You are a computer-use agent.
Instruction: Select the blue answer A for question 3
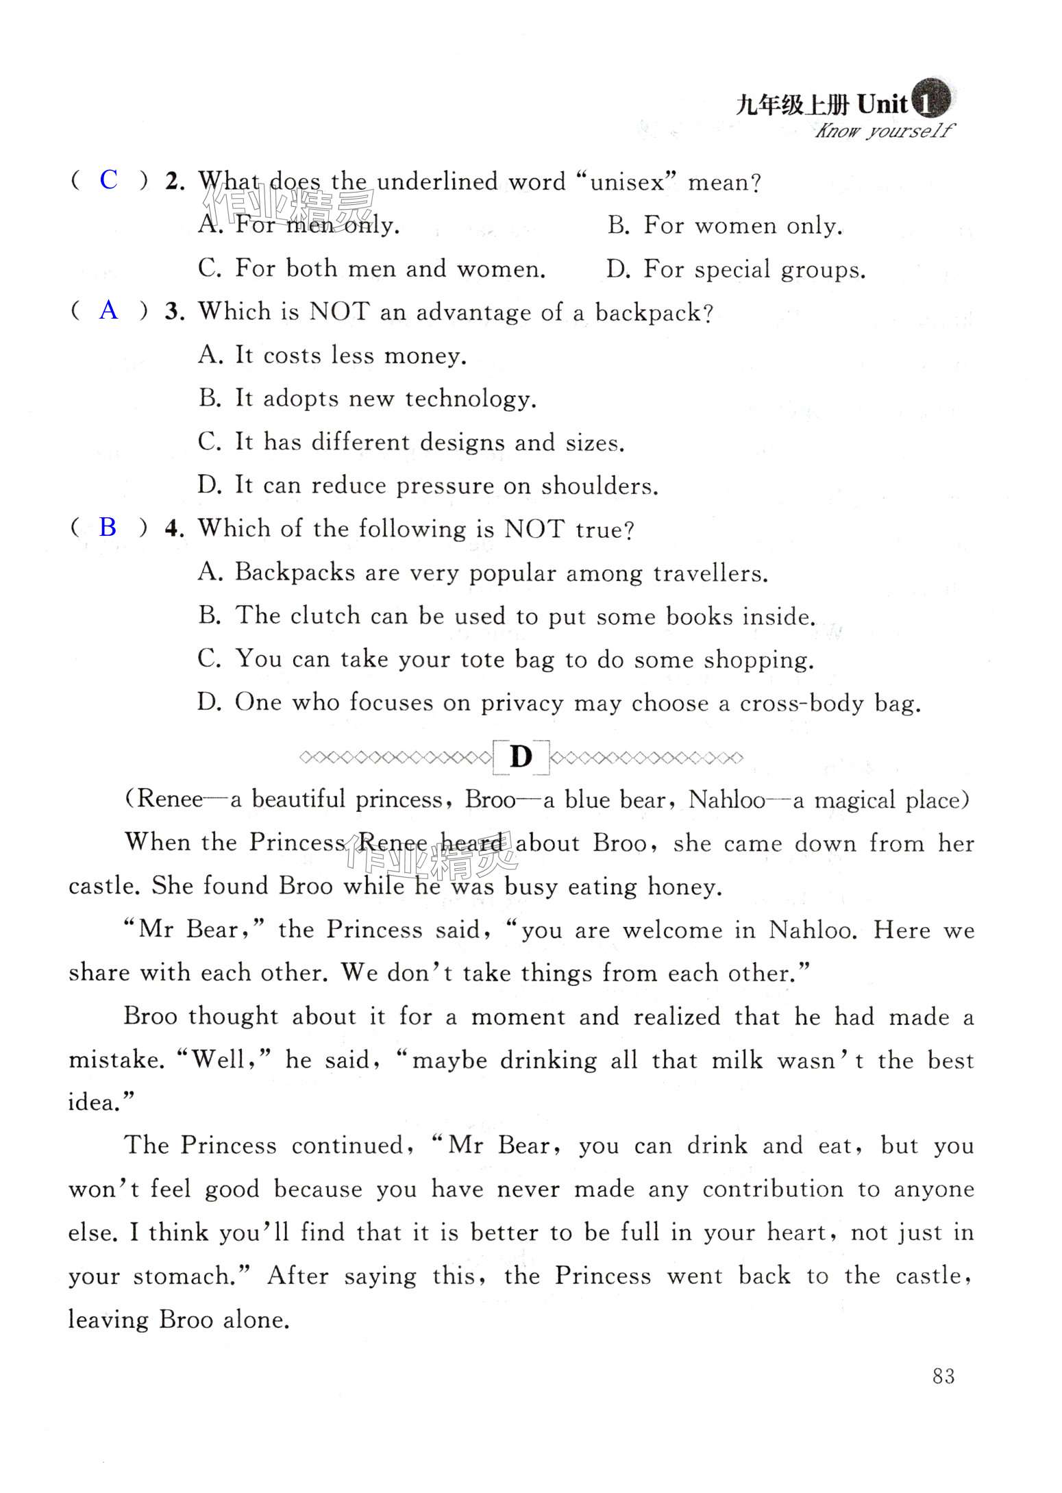click(x=108, y=310)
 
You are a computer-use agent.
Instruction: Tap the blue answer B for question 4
click(x=108, y=527)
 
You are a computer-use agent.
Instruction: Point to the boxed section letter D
click(x=521, y=757)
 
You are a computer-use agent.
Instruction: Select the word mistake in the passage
click(x=116, y=1059)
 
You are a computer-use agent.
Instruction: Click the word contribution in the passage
click(x=772, y=1189)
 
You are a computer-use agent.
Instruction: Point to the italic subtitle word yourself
click(x=909, y=130)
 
